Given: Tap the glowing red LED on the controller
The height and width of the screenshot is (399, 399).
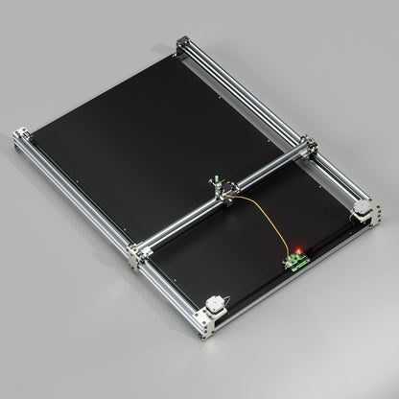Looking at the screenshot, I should click(298, 250).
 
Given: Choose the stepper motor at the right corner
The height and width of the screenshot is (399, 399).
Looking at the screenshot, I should click(364, 208).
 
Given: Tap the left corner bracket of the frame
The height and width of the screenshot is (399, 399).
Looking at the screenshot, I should click(23, 139).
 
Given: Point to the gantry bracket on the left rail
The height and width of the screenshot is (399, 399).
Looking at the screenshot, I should click(138, 253).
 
